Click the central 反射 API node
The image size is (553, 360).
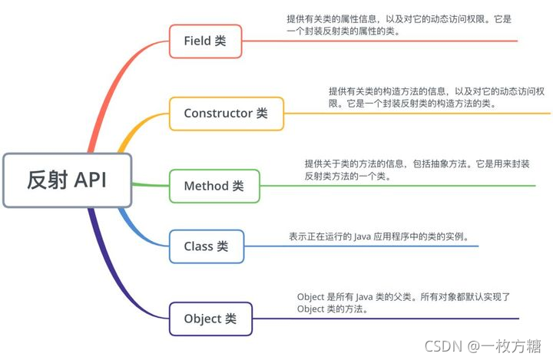coord(67,180)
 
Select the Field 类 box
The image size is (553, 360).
coord(205,41)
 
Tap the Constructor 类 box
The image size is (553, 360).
coord(226,113)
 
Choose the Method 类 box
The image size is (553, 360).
coord(214,186)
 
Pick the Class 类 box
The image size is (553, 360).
coord(205,246)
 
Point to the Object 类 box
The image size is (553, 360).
coord(210,319)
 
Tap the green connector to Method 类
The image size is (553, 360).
coord(150,185)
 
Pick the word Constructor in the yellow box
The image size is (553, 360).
coord(217,113)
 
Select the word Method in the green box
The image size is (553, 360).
coord(206,186)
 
